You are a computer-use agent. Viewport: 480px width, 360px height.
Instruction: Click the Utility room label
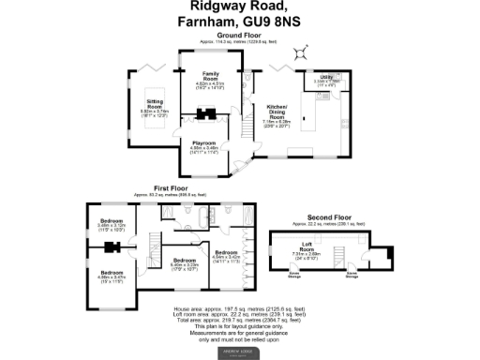(326, 77)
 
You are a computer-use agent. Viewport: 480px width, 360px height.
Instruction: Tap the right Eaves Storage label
(352, 275)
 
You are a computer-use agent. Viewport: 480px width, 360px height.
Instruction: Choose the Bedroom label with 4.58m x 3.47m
(111, 274)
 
